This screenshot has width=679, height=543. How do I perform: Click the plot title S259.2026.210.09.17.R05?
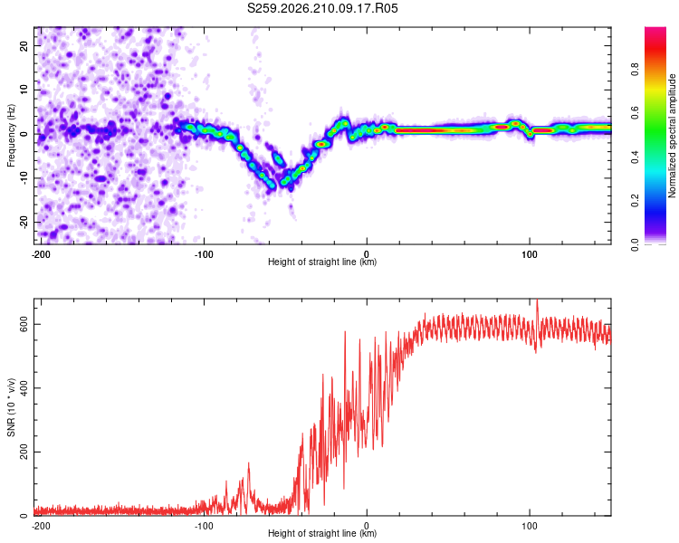point(322,8)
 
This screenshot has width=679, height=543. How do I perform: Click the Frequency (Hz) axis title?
point(11,136)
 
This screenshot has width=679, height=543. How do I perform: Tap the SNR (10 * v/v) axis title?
point(11,407)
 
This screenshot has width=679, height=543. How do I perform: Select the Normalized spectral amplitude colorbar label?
point(672,136)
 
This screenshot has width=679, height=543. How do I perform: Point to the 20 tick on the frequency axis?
point(24,46)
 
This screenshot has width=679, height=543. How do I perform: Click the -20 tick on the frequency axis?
point(24,223)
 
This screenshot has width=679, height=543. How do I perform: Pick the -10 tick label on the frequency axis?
point(24,178)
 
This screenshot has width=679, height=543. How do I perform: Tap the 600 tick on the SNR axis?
point(24,324)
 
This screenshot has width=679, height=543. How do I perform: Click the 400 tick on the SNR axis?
point(24,388)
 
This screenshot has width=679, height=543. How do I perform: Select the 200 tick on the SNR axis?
point(24,452)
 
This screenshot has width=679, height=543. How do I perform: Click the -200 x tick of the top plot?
point(41,254)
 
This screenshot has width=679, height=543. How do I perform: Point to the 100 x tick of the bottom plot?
point(530,526)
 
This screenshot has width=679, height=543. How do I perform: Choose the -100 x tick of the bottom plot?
point(204,526)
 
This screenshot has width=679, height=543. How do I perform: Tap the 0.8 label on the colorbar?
point(635,70)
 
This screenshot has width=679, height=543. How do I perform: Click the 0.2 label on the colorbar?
point(635,201)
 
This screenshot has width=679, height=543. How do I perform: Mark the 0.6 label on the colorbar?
point(635,113)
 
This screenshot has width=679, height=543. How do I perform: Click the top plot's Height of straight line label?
point(322,262)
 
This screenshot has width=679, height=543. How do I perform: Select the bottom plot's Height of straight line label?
point(322,533)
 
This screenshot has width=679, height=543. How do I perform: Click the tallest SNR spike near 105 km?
point(537,300)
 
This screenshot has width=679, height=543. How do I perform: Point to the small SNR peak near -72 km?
point(249,463)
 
